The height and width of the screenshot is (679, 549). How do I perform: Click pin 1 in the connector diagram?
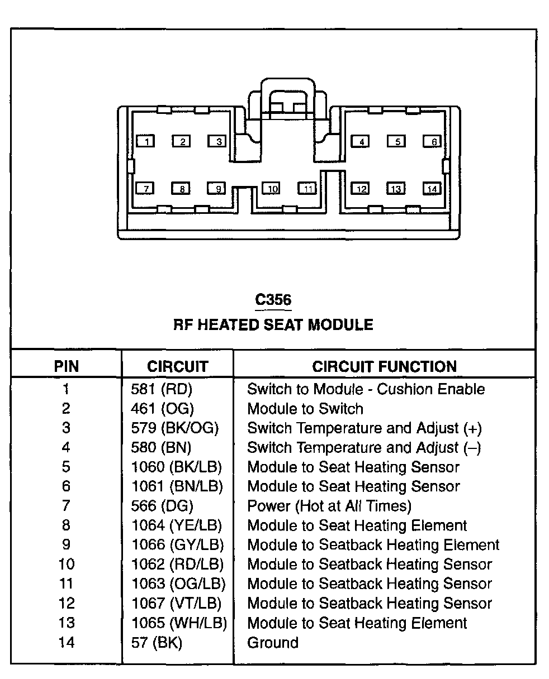click(146, 141)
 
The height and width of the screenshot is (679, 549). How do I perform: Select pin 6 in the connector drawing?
click(432, 141)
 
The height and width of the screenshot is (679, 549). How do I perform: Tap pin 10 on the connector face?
click(272, 189)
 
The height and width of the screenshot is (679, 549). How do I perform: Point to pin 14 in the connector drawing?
click(432, 189)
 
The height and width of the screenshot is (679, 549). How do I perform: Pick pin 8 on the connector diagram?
click(181, 189)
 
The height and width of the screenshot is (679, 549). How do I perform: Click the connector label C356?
click(273, 300)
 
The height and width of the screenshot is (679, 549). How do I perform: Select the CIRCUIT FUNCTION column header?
click(384, 366)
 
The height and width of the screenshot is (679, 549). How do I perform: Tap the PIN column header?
click(66, 366)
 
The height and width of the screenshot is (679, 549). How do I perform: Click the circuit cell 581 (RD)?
click(162, 389)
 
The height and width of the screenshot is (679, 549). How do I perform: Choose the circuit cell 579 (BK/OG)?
click(174, 428)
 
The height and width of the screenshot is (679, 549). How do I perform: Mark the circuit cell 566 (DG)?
click(162, 506)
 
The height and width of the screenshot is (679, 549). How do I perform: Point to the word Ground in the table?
click(273, 642)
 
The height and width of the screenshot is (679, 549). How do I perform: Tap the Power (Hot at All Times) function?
click(329, 506)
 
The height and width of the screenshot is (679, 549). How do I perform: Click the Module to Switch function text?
click(305, 409)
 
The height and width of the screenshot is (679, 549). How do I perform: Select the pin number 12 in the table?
click(66, 603)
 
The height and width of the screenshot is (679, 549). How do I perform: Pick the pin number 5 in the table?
click(66, 467)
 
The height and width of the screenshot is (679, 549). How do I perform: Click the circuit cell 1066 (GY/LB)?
click(177, 544)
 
